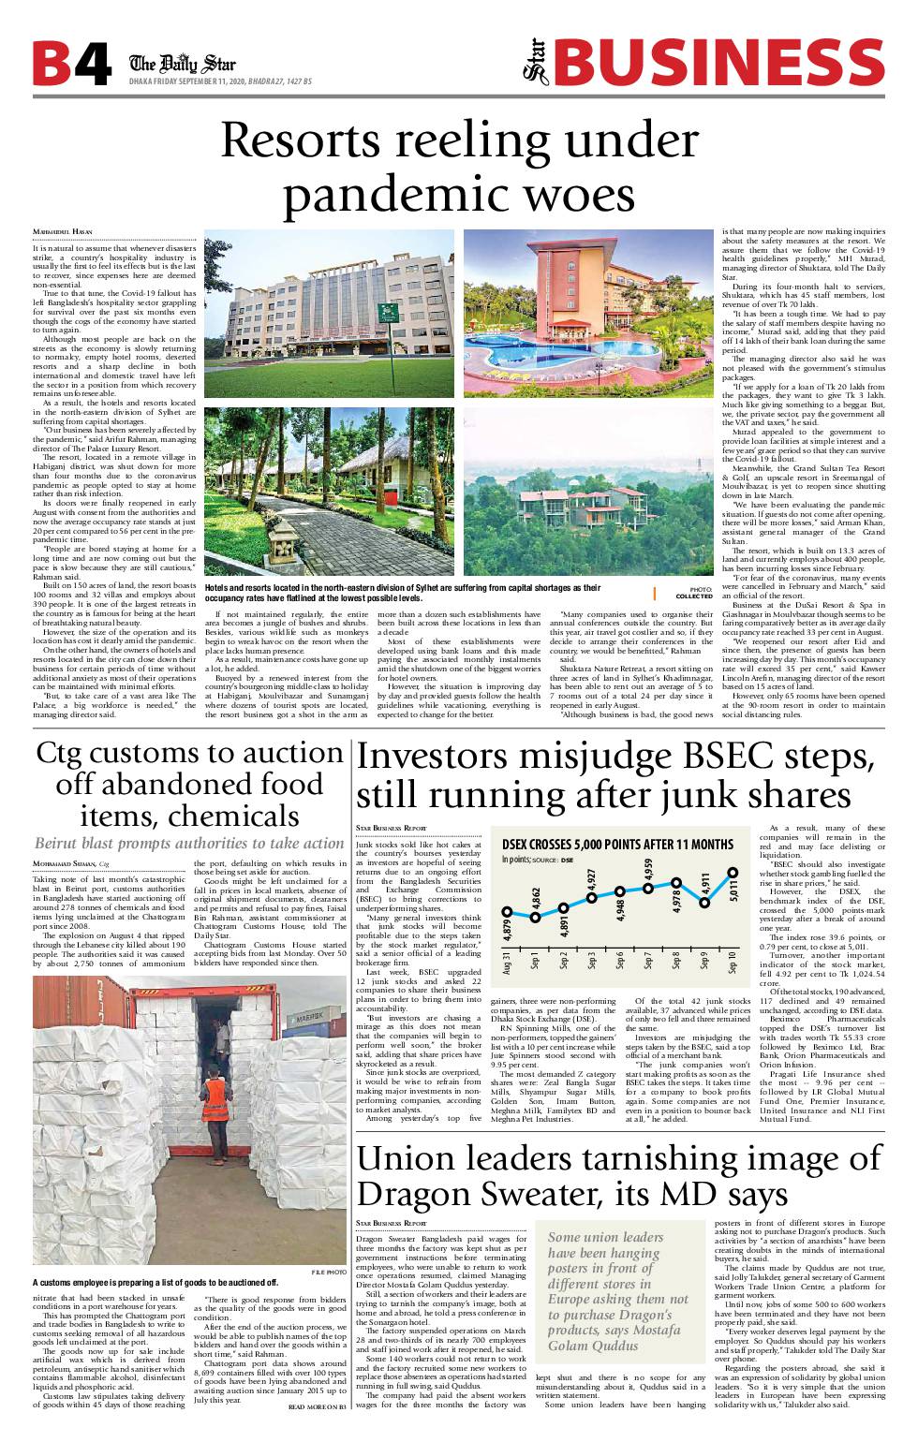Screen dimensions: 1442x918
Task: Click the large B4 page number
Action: pyautogui.click(x=71, y=65)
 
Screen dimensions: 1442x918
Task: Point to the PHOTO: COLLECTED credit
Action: pyautogui.click(x=693, y=592)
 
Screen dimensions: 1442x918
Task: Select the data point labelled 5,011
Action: pyautogui.click(x=733, y=872)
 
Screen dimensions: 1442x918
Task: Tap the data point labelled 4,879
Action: pyautogui.click(x=507, y=910)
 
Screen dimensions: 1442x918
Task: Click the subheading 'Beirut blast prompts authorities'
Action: pyautogui.click(x=189, y=843)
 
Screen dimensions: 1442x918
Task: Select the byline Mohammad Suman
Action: pyautogui.click(x=65, y=862)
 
